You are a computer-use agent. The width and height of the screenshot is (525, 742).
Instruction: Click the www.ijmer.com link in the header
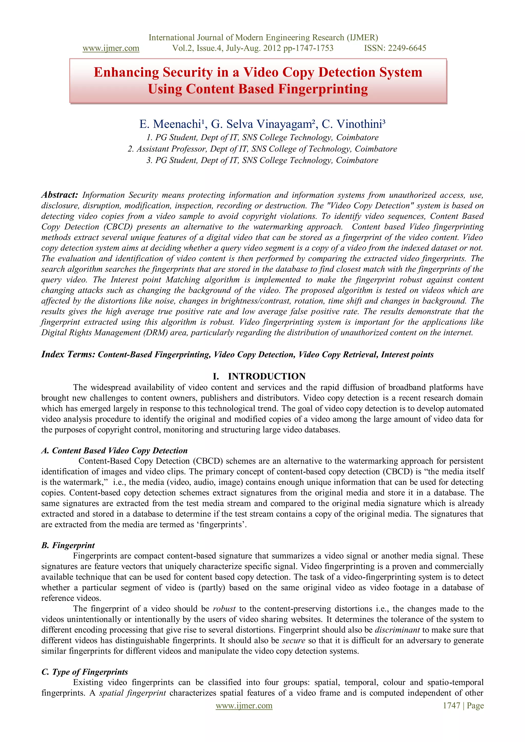click(x=111, y=48)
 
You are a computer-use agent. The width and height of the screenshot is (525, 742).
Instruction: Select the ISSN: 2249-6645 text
click(x=395, y=48)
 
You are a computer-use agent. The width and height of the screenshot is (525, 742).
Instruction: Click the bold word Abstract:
click(x=60, y=195)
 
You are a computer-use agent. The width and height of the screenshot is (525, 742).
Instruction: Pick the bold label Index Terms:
click(x=68, y=354)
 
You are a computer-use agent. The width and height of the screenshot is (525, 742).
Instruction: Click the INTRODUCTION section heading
click(x=266, y=376)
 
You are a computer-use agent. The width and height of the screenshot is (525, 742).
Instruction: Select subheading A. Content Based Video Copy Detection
click(x=114, y=451)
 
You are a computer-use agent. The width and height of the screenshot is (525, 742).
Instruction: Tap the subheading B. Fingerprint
click(x=68, y=545)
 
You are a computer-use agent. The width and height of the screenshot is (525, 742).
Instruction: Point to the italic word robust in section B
click(x=224, y=609)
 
